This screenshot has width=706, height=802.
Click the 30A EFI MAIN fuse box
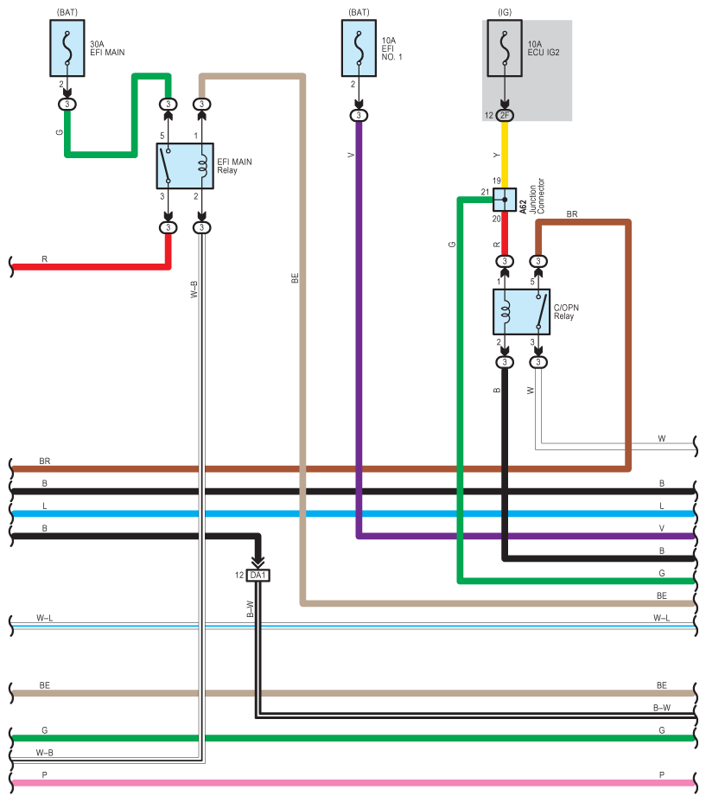[x=67, y=48]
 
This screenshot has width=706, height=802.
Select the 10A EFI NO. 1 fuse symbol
[x=359, y=48]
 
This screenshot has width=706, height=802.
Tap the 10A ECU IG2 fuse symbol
[x=505, y=48]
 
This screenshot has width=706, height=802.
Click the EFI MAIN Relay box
[x=185, y=166]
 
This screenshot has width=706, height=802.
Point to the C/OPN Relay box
[x=521, y=312]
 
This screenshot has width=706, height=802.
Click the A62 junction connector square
[x=505, y=200]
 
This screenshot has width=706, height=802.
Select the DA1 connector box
[x=258, y=576]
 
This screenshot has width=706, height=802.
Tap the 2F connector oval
[x=505, y=115]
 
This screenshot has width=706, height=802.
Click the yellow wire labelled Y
[x=505, y=155]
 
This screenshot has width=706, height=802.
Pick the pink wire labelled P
[x=353, y=783]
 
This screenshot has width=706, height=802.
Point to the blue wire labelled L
[x=353, y=513]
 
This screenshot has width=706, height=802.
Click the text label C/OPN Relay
[x=566, y=311]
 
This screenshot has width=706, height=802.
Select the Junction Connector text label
[x=537, y=196]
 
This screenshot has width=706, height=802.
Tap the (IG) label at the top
[x=505, y=12]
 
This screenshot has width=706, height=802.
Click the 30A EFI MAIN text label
[x=107, y=48]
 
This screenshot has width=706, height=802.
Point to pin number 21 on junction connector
[x=485, y=192]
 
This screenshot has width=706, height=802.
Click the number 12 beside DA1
[x=239, y=576]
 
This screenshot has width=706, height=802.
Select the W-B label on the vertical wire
[x=194, y=290]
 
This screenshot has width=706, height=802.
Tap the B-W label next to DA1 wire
[x=251, y=608]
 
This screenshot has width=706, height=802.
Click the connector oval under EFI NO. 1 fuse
[x=359, y=115]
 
